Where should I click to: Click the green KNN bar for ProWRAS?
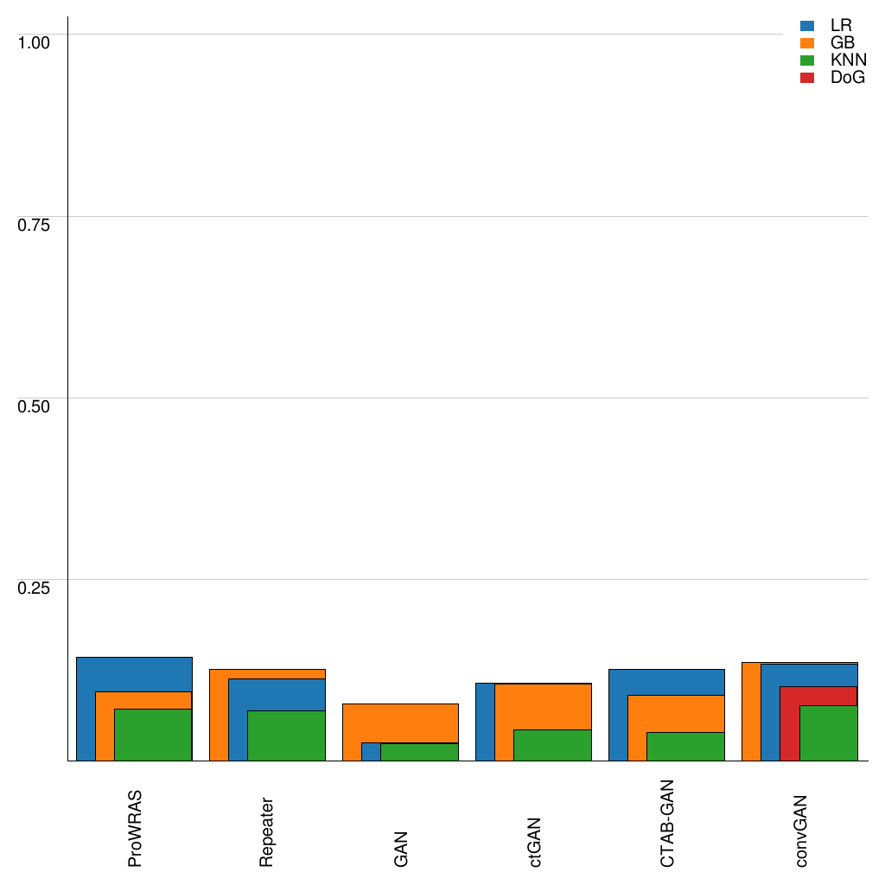(153, 735)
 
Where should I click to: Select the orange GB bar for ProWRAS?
(105, 726)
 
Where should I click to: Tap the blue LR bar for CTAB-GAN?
(666, 682)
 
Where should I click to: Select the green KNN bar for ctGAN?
(552, 745)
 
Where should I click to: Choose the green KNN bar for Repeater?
(286, 735)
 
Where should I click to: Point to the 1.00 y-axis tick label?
(35, 41)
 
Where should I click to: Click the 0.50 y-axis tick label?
(35, 405)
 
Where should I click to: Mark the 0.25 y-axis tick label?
(35, 587)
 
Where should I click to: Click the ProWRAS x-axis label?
(135, 828)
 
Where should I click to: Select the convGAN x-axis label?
(801, 830)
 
